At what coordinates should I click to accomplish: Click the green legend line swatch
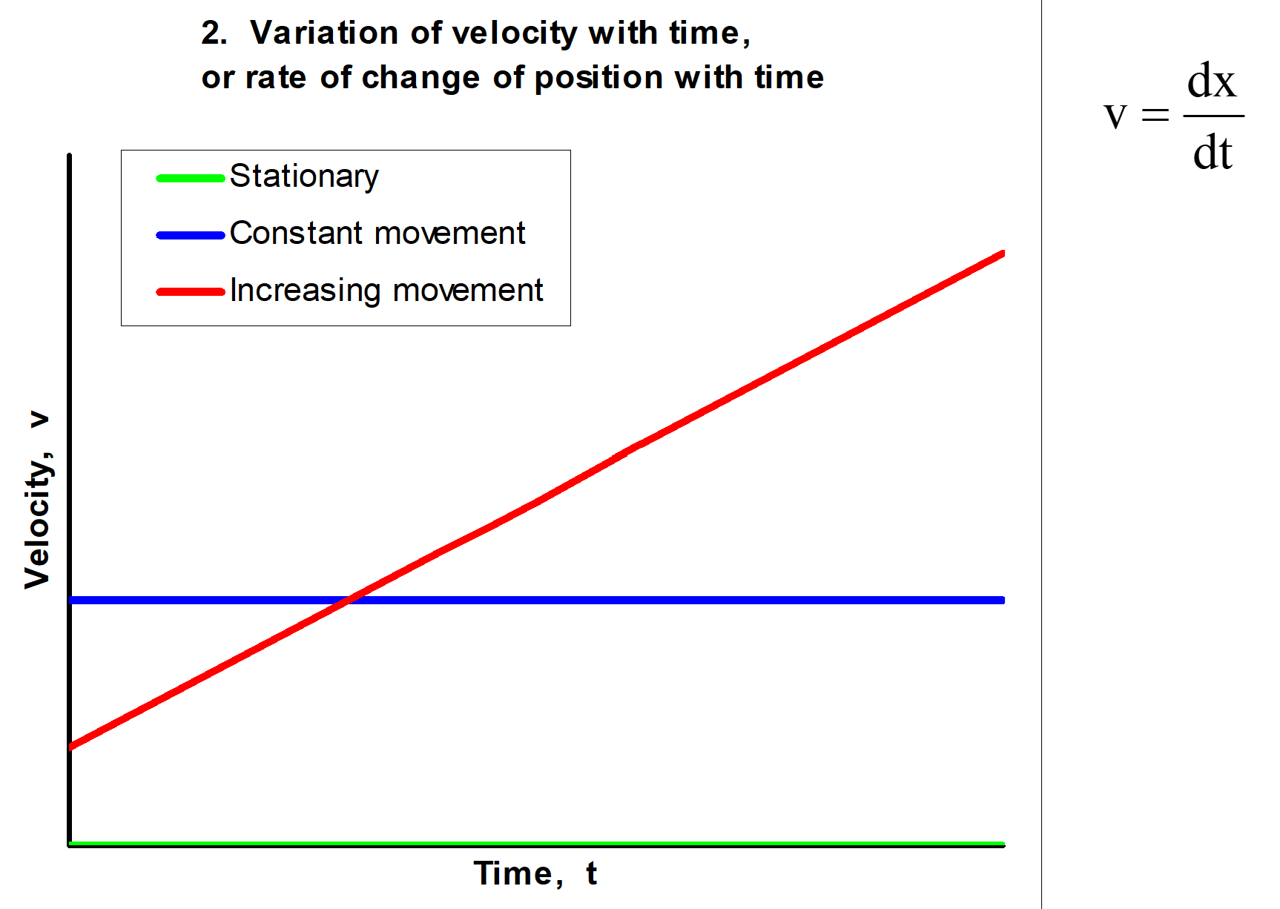click(191, 178)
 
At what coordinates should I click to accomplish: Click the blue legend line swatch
click(191, 235)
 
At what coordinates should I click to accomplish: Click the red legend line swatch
click(191, 292)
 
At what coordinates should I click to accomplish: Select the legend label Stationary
click(304, 177)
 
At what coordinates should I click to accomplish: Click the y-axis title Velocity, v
click(38, 500)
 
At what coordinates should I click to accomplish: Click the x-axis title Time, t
click(535, 873)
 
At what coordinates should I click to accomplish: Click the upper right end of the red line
click(1003, 254)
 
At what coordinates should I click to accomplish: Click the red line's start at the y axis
click(71, 747)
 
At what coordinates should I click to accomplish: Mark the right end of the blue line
click(1003, 600)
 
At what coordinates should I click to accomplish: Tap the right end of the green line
click(1003, 844)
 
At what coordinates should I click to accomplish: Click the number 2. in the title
click(214, 33)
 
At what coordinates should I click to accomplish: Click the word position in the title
click(598, 78)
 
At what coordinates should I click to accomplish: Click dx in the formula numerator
click(1212, 81)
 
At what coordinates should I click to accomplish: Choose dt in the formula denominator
click(1213, 153)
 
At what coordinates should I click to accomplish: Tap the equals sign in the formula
click(1155, 115)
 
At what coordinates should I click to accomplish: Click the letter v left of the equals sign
click(1115, 116)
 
